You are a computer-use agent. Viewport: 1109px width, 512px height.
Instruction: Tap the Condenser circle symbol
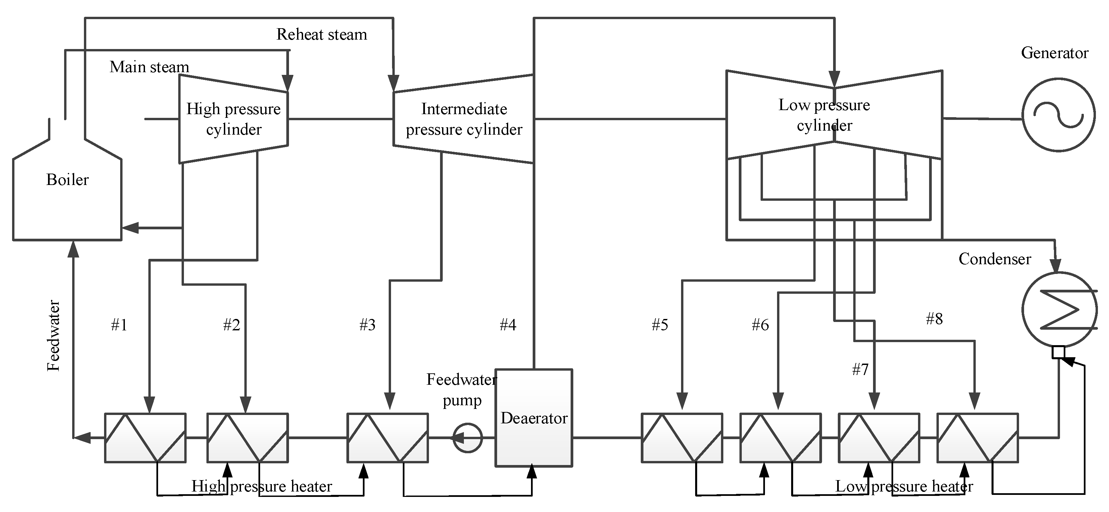pos(1024,309)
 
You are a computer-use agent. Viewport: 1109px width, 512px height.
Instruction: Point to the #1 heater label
pos(119,325)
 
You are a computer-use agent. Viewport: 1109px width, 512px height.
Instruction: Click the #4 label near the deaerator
pos(508,325)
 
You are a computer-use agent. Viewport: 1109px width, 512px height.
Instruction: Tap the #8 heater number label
pos(935,319)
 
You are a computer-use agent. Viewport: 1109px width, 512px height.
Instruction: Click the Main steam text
pos(149,67)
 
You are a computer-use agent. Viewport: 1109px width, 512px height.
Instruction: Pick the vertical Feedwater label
pos(53,335)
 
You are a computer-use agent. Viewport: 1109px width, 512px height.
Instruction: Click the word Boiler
pos(67,180)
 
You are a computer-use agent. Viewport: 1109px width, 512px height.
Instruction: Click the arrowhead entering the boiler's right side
pos(131,228)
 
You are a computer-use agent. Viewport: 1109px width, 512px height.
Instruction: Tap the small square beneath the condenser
pos(1058,352)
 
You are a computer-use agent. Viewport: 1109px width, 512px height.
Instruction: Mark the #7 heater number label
pos(861,369)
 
